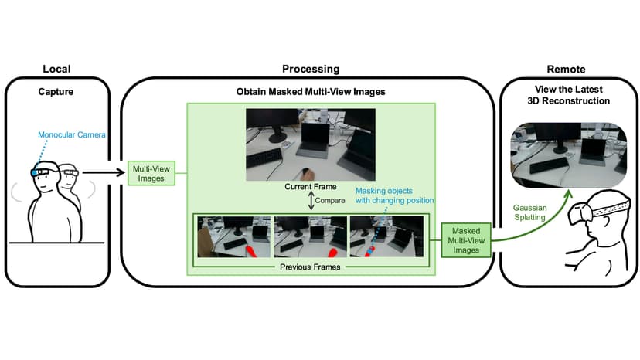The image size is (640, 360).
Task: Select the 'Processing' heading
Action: pos(310,70)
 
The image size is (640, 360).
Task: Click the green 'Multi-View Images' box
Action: pos(153,173)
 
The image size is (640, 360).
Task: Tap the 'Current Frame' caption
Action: pos(309,187)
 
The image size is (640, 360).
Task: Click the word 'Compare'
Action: pos(332,201)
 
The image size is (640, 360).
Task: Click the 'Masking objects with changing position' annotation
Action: pos(395,195)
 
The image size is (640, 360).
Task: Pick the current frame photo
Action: pos(309,144)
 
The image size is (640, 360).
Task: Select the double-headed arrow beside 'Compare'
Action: pos(311,201)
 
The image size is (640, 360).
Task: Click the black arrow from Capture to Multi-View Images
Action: pos(103,173)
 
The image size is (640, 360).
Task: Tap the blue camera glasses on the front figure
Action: pos(39,172)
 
